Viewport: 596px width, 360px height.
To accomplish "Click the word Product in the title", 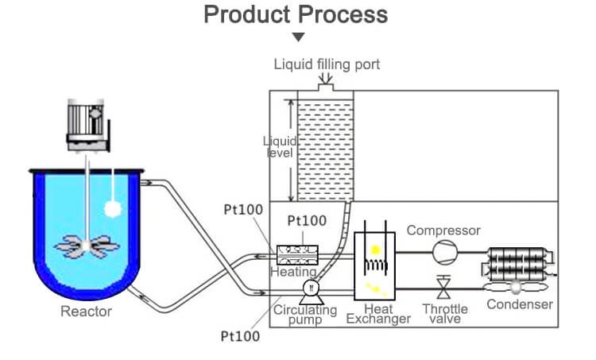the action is [x=247, y=15].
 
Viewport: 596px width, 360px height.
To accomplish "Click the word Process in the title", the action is [x=343, y=15].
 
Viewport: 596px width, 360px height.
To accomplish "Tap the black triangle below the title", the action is [x=298, y=37].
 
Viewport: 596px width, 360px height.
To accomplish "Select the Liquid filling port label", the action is [x=327, y=64].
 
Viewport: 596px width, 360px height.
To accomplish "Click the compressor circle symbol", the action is [x=445, y=252].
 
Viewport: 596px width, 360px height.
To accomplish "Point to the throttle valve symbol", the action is [x=443, y=287].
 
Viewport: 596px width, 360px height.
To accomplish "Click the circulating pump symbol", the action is [x=312, y=292].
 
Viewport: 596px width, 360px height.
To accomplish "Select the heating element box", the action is [x=297, y=254].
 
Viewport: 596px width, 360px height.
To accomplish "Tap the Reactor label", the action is [x=87, y=312].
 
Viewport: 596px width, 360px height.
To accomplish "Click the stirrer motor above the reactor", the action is [x=88, y=126].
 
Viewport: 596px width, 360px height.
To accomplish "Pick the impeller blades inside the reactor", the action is [x=87, y=246].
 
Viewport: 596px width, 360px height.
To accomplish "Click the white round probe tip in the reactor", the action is [x=113, y=208].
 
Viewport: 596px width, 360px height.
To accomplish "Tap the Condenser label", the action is [x=520, y=304].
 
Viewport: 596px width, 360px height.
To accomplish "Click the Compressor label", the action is [x=443, y=230].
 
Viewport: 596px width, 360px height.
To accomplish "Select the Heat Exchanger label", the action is [x=378, y=314].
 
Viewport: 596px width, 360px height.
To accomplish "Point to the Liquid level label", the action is [x=281, y=147].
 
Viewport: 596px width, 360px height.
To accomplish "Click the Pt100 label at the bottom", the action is [x=240, y=336].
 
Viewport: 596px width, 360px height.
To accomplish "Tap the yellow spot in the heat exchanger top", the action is [x=375, y=250].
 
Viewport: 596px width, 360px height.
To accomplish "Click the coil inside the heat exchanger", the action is [x=376, y=265].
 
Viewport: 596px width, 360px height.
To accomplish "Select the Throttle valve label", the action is [x=445, y=314].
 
